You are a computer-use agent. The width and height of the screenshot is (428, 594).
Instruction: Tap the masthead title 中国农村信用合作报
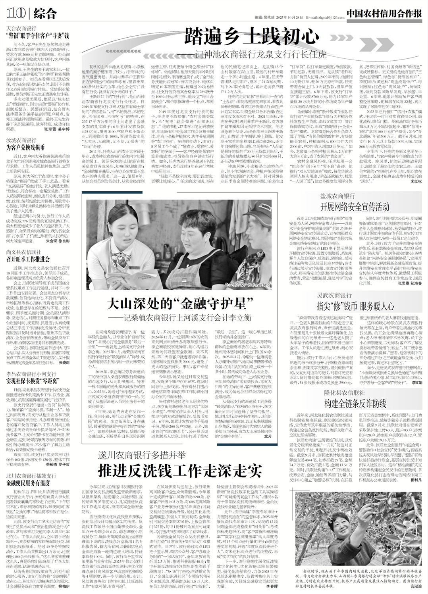[x=384, y=13]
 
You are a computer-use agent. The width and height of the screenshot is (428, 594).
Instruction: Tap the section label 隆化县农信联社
[x=343, y=392]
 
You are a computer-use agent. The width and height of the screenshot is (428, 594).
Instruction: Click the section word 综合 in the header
[x=45, y=14]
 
